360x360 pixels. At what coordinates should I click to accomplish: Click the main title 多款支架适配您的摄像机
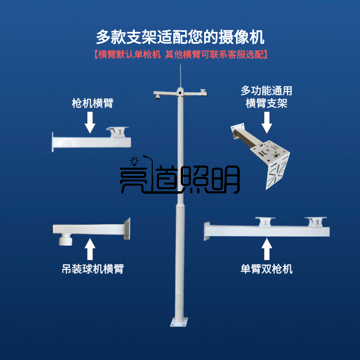(179, 37)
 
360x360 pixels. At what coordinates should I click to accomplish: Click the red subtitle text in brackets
(180, 54)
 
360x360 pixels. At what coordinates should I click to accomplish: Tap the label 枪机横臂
(92, 103)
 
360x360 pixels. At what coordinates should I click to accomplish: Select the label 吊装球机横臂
(92, 268)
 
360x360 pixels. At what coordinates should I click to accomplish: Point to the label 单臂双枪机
(266, 268)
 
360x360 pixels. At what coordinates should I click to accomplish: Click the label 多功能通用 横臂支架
(266, 97)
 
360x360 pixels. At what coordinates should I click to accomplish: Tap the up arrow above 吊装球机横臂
(91, 249)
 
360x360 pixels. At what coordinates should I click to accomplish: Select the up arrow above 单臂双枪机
(266, 249)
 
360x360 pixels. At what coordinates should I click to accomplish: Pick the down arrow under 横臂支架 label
(266, 123)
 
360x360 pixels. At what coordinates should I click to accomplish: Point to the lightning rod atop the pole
(180, 76)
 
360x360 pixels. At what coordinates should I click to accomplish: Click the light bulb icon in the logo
(134, 160)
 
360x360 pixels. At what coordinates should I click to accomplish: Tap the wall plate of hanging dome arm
(127, 229)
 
